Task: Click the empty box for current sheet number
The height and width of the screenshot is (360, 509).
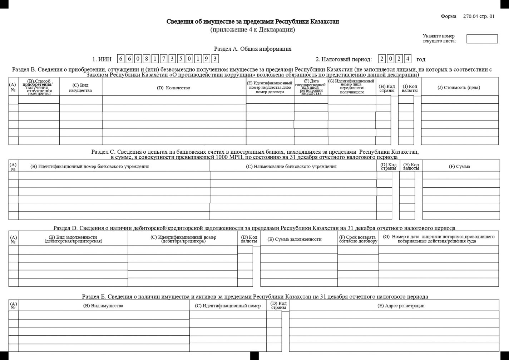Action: point(482,39)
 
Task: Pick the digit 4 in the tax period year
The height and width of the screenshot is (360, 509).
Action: point(407,59)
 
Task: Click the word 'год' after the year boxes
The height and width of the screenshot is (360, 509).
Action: point(421,59)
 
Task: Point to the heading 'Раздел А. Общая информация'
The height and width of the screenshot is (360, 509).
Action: point(253,49)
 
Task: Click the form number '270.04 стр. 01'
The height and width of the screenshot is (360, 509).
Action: point(479,16)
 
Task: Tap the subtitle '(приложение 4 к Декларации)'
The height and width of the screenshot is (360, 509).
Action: point(253,30)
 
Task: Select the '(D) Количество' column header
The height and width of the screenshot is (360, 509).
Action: point(174,88)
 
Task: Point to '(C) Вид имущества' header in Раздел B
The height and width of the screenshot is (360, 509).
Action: point(80,88)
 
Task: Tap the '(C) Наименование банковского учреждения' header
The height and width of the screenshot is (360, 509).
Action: point(291,166)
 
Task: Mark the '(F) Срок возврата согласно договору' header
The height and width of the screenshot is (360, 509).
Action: point(358,239)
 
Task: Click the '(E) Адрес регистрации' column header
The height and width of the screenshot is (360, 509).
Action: point(401,306)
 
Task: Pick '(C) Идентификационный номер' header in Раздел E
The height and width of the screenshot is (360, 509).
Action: point(228,306)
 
